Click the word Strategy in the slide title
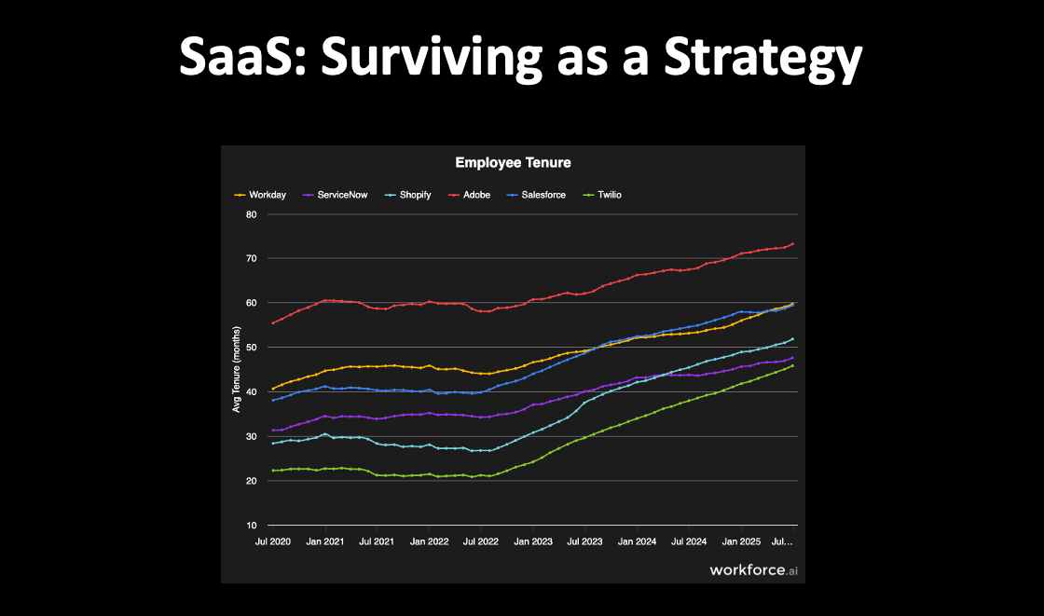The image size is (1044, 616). (x=763, y=59)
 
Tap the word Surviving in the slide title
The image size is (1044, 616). (x=432, y=58)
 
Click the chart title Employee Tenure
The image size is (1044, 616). (x=513, y=162)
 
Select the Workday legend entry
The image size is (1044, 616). (x=260, y=195)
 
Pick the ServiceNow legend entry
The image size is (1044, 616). (x=335, y=195)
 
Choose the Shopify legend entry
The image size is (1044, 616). (x=407, y=195)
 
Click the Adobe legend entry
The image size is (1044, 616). (x=470, y=195)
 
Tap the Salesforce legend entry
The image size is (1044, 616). (x=536, y=195)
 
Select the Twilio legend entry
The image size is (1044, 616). (x=602, y=195)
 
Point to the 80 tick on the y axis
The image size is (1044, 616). (x=251, y=214)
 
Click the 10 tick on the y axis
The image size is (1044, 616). (x=251, y=526)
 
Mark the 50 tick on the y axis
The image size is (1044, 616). (x=251, y=347)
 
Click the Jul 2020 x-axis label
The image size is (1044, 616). (x=273, y=541)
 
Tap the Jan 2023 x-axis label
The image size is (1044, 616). (x=532, y=541)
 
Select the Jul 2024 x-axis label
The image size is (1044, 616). (x=689, y=541)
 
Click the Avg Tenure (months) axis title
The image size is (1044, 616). (x=237, y=369)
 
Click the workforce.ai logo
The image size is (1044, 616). (x=754, y=570)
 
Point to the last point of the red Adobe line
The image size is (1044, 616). (x=792, y=244)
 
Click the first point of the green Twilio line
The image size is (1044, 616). (x=273, y=471)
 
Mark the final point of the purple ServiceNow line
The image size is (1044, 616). (x=792, y=358)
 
